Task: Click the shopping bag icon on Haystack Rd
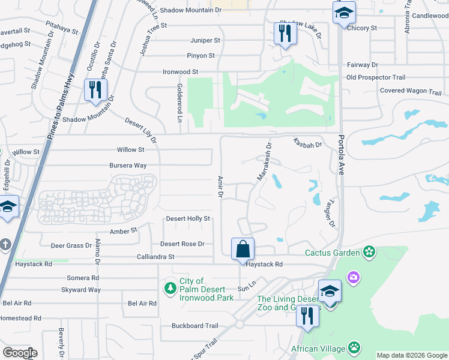click(243, 249)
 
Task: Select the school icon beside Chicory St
click(344, 13)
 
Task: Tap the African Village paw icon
click(355, 347)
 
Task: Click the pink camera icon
click(355, 277)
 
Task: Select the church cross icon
click(6, 245)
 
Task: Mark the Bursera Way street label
click(127, 165)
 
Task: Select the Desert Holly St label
click(188, 219)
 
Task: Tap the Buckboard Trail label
click(194, 326)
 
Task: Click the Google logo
click(20, 353)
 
